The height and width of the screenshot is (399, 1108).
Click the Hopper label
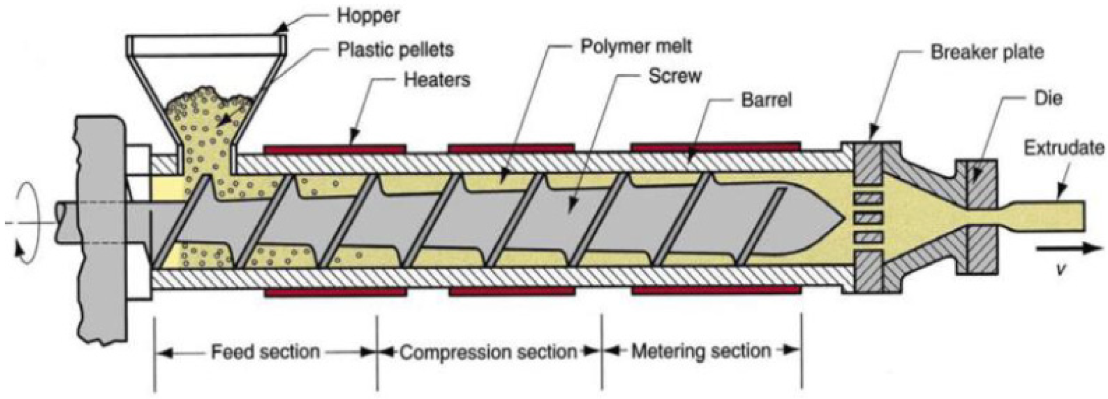[x=367, y=15]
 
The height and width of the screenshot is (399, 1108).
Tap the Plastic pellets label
[x=395, y=49]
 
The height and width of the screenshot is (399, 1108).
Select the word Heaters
[x=437, y=79]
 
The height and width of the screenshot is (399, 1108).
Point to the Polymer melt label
[x=636, y=46]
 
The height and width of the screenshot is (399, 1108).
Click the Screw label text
[x=674, y=76]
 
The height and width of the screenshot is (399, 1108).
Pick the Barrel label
[x=766, y=99]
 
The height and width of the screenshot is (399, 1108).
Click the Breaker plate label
[x=987, y=52]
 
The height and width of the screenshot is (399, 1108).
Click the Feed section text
[x=265, y=351]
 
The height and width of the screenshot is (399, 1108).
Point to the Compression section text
[x=489, y=352]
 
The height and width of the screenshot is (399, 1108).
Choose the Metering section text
[x=701, y=351]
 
